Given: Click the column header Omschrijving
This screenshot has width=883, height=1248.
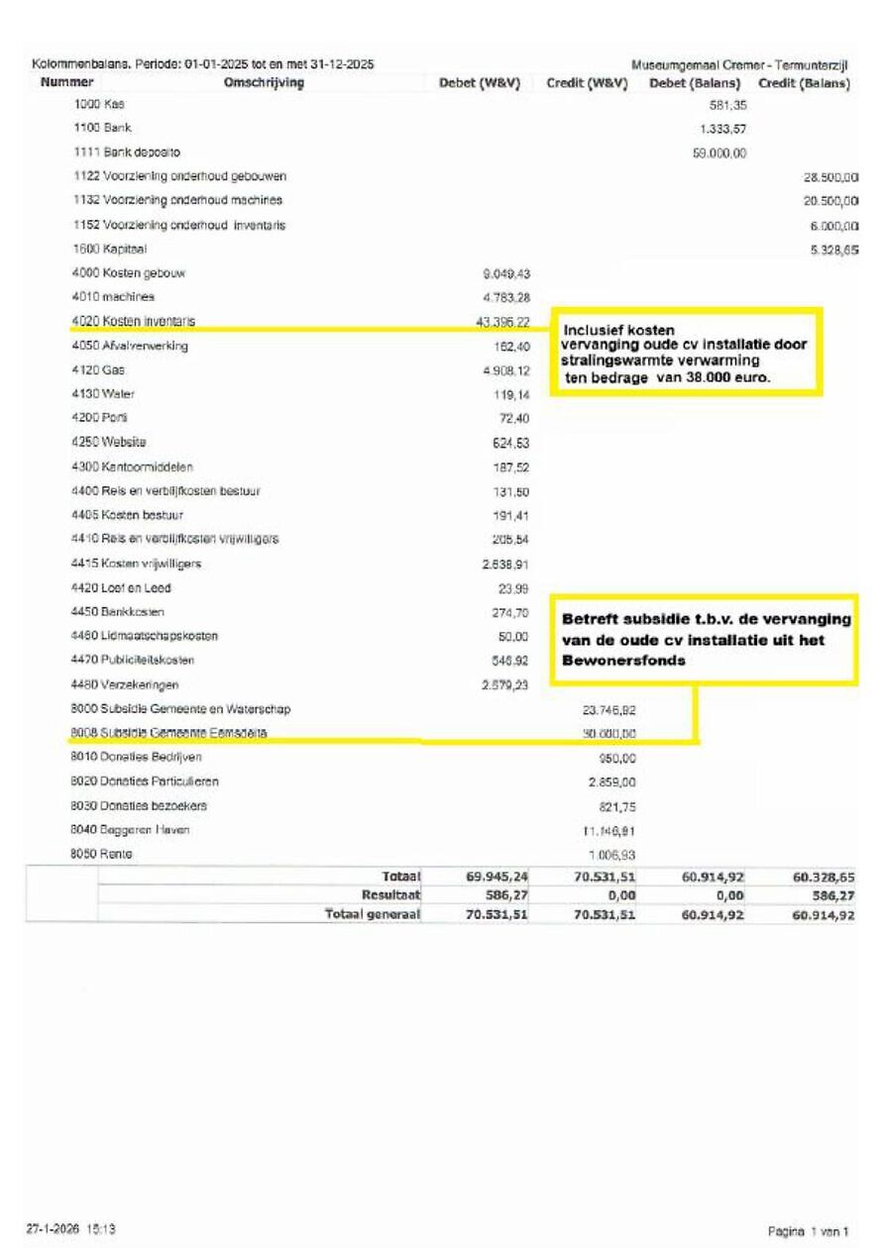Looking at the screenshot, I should (x=264, y=83).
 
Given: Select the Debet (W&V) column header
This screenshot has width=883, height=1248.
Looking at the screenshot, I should (x=480, y=83).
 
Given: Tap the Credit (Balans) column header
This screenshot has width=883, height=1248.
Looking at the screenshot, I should (x=804, y=83).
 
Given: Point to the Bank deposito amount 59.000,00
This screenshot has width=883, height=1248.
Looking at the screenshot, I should (x=720, y=153).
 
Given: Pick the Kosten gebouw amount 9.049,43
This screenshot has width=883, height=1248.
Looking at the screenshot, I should (x=504, y=273).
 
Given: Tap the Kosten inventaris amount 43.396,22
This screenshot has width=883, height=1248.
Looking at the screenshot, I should (x=502, y=322).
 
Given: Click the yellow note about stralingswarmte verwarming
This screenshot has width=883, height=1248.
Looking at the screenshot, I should (x=686, y=353).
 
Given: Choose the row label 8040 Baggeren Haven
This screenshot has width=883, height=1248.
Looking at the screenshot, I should (x=130, y=830).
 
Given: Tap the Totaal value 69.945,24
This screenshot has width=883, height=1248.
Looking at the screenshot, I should (x=497, y=878).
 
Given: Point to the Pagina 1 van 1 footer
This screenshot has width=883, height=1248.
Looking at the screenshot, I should (x=808, y=1231).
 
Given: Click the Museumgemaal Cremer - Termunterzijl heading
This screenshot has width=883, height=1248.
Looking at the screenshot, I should (x=738, y=65).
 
